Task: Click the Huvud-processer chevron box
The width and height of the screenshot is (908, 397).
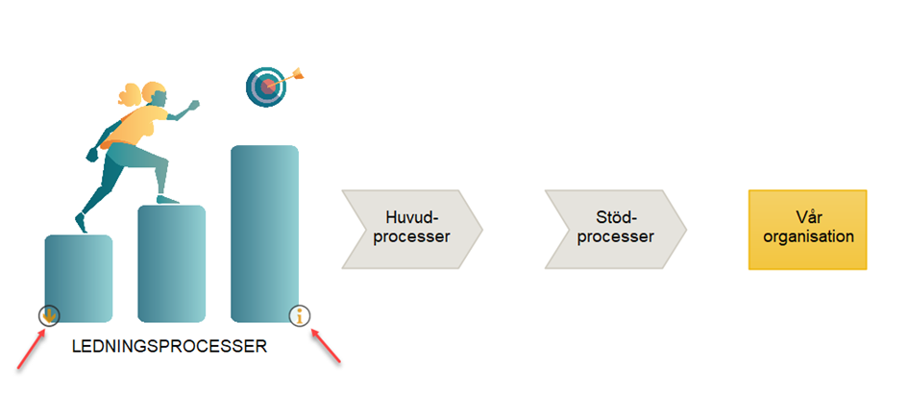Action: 412,229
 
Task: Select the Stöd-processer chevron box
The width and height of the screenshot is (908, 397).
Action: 616,229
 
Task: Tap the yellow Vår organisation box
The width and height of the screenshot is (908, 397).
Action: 808,230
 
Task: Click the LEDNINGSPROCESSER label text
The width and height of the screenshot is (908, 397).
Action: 170,347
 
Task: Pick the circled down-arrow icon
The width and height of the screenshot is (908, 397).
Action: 49,316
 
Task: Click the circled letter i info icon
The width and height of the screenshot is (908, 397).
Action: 300,316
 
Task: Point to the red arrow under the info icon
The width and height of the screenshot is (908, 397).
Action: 327,347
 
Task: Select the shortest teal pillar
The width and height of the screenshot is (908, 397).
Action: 79,278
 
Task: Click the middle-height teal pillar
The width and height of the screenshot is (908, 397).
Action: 171,263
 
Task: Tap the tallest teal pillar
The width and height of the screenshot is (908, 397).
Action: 264,234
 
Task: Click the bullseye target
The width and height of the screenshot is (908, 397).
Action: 266,87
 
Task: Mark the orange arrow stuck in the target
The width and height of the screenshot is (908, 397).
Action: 288,78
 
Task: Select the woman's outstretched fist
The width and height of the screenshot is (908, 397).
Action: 194,105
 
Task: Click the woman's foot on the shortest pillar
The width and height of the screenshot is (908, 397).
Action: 82,223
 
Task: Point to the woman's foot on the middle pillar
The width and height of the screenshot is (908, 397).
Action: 167,199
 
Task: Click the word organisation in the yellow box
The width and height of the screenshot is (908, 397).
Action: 808,237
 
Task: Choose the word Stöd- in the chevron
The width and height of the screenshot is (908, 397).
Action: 616,218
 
